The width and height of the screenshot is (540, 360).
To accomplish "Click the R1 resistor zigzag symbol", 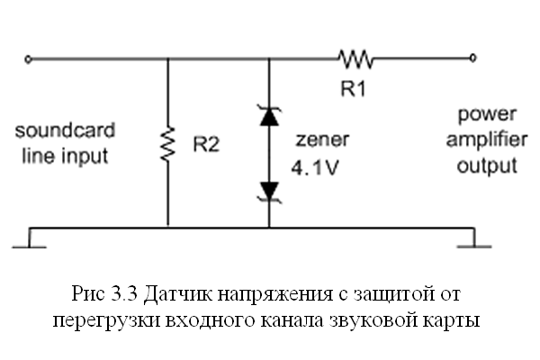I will coord(355,59).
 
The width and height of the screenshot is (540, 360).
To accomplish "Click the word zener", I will coord(316,140).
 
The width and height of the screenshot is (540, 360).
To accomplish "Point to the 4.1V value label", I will coord(314,166).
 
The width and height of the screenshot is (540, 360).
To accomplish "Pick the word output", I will coord(487,166).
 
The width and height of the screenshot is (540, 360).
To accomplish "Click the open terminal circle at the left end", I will coord(30,59).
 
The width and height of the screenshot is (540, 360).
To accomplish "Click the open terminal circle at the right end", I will coord(473,59).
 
